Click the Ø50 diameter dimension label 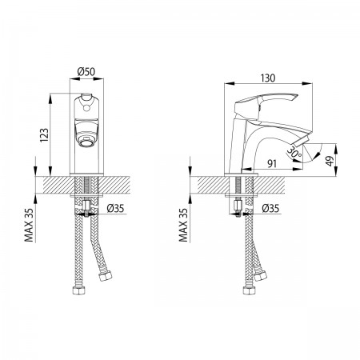click(86, 71)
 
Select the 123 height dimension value click(44, 134)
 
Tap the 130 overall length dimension click(267, 78)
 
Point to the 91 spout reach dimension click(272, 163)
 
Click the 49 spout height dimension click(330, 161)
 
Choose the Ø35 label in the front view click(115, 208)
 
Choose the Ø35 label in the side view click(270, 208)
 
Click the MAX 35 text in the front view click(29, 225)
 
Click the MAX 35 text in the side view click(183, 225)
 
